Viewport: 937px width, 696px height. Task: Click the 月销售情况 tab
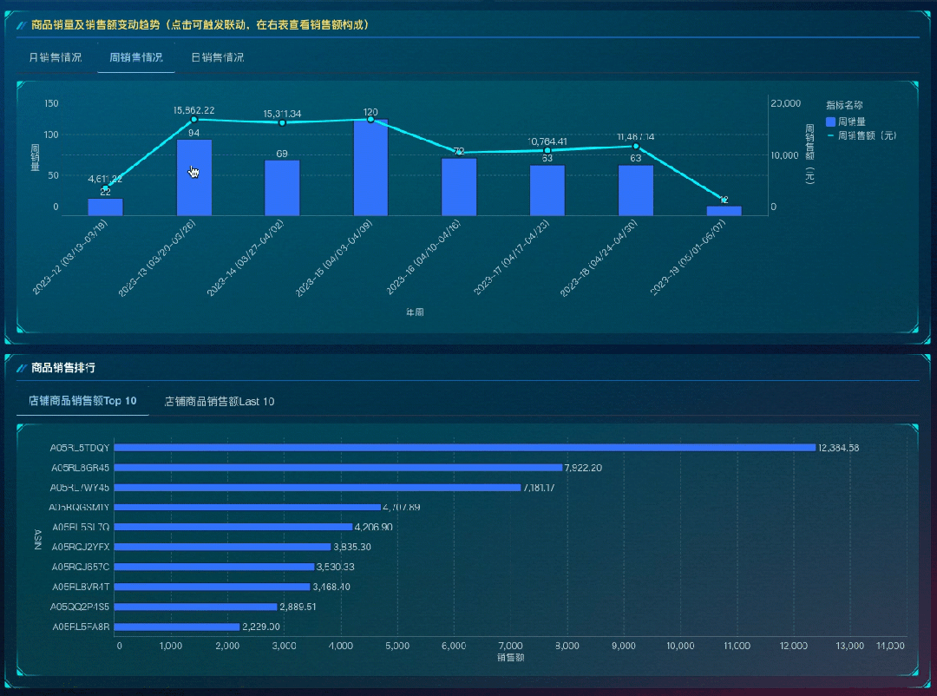pos(56,58)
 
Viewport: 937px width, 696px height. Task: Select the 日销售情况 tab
pos(217,58)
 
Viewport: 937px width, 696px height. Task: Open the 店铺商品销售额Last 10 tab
pos(220,402)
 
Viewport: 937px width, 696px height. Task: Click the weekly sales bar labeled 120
pos(370,167)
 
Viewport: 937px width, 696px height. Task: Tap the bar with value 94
pos(193,178)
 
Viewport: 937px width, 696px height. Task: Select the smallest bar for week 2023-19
pos(724,211)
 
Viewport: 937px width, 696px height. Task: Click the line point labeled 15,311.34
pos(282,122)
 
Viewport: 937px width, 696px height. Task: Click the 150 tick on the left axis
pos(51,104)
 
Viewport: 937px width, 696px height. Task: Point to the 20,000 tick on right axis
pos(785,104)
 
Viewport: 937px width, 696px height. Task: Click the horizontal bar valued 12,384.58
pos(465,448)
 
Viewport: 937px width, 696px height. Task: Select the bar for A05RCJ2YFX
pos(223,547)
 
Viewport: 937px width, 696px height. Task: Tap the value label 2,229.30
pos(260,627)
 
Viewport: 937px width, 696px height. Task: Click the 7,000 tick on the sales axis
pos(511,647)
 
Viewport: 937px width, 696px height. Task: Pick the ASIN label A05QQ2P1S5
pos(81,607)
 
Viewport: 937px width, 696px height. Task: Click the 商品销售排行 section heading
pos(63,368)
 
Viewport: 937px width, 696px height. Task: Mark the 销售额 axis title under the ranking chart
pos(510,658)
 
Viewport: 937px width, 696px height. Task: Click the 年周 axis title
pos(415,311)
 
